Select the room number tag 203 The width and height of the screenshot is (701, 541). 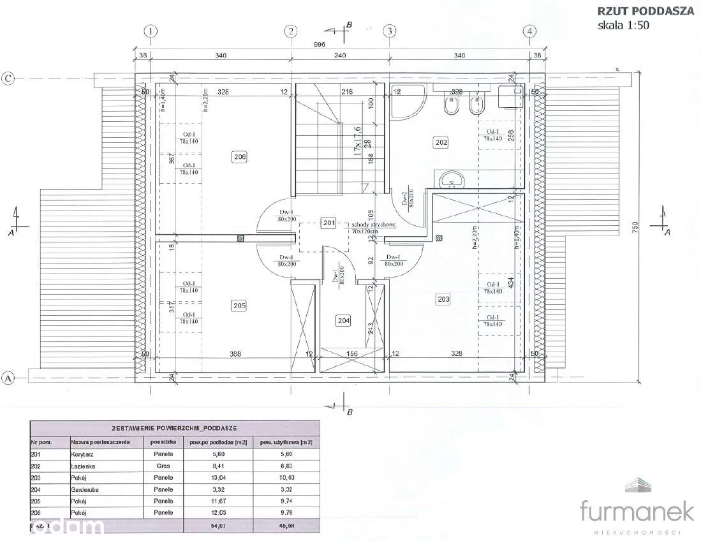click(443, 298)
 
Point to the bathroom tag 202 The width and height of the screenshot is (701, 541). click(441, 143)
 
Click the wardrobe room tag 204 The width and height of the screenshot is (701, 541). click(344, 321)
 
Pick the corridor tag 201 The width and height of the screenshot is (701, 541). click(328, 223)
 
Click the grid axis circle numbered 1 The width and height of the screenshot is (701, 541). click(151, 31)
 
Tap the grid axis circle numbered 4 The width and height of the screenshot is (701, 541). click(529, 31)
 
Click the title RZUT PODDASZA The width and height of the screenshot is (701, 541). click(645, 11)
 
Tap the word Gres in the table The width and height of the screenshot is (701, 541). click(163, 466)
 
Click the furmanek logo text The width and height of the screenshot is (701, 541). click(636, 511)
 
